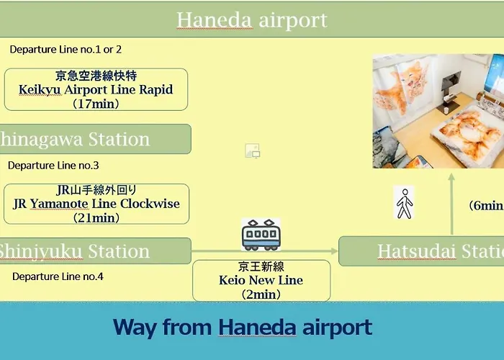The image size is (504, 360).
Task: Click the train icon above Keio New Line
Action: (x=261, y=235)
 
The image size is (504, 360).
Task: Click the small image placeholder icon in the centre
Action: (x=253, y=150)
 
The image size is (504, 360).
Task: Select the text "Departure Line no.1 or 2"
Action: (x=66, y=50)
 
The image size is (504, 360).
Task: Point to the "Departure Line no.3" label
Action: (x=53, y=166)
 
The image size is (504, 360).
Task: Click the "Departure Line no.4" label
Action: (x=58, y=276)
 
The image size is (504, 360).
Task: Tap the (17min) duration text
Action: (x=96, y=104)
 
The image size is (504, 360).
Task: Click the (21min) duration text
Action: (x=96, y=218)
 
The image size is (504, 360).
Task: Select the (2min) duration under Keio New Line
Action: (x=261, y=294)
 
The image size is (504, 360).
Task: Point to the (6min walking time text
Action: (x=486, y=205)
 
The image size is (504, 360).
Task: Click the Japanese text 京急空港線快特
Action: (x=96, y=76)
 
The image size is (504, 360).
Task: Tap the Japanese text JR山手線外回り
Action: (x=96, y=190)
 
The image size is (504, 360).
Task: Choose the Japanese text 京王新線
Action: (x=261, y=266)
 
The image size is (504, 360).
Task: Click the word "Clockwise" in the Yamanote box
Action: (x=150, y=204)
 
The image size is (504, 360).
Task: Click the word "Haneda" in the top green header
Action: (x=214, y=20)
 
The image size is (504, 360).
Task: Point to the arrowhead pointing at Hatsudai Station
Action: (x=334, y=251)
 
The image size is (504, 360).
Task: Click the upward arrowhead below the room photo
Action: (x=451, y=177)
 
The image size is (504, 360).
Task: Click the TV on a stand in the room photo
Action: (x=450, y=90)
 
